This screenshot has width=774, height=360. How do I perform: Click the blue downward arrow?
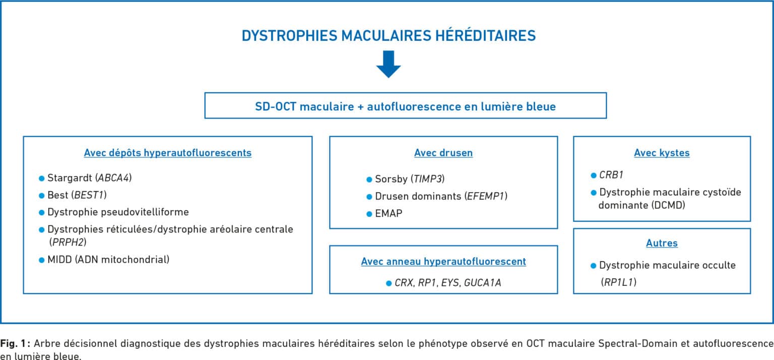(x=389, y=65)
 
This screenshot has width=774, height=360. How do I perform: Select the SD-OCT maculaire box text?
(x=405, y=106)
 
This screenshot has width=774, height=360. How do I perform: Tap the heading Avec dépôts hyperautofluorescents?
(x=168, y=153)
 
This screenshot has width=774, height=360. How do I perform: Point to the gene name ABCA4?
(x=113, y=178)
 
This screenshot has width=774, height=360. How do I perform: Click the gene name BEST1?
(x=89, y=195)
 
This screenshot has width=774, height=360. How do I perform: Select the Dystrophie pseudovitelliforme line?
(x=118, y=212)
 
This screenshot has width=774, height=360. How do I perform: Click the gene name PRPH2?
(x=68, y=242)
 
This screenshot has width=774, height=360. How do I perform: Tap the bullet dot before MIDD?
(x=41, y=260)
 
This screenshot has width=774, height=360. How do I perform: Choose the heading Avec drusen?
(x=443, y=153)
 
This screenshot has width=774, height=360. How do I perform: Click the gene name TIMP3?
(x=427, y=179)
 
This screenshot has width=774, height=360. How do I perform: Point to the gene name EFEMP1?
(x=485, y=196)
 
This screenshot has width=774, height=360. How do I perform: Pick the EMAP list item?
(x=389, y=213)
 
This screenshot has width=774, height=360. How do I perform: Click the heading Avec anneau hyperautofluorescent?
(x=443, y=262)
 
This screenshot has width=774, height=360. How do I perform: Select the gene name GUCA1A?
(x=482, y=283)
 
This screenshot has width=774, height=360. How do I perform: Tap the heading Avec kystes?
(x=662, y=153)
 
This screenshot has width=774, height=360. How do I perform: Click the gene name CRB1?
(x=611, y=175)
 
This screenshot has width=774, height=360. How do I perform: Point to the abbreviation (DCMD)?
(x=668, y=205)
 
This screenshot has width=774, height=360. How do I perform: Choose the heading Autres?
(x=662, y=243)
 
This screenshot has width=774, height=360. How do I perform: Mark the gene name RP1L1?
(x=618, y=282)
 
